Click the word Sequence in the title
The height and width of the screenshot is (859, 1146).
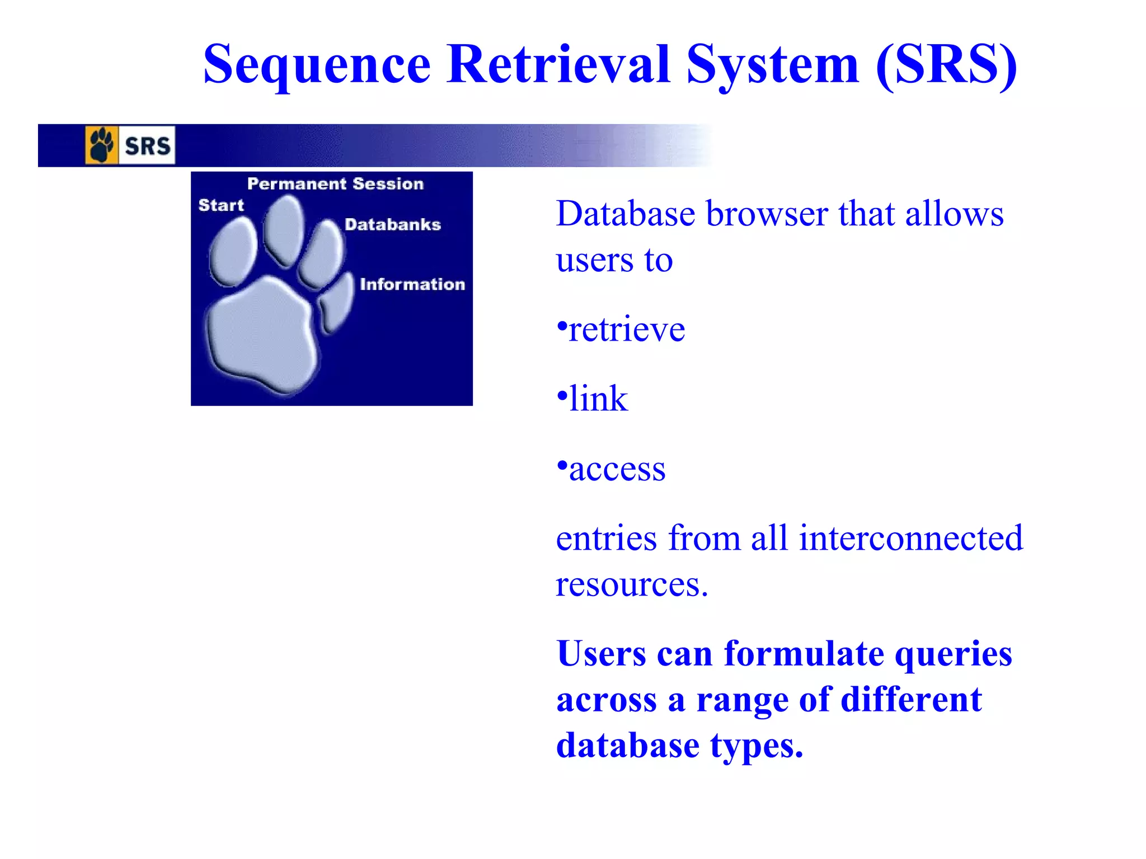(x=317, y=65)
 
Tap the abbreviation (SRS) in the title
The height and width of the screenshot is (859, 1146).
(x=946, y=65)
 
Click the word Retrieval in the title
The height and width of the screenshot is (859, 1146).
(x=558, y=65)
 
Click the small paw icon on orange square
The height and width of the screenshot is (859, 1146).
(x=101, y=145)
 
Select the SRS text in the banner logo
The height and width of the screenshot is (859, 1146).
(x=147, y=146)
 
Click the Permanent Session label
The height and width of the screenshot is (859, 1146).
(x=335, y=183)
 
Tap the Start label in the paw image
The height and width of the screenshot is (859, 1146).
(x=221, y=205)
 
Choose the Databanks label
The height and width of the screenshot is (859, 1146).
(x=392, y=224)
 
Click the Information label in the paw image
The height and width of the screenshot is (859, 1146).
(x=412, y=284)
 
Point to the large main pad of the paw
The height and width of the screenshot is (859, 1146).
(x=260, y=336)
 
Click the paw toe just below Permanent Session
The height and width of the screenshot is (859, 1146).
(x=284, y=229)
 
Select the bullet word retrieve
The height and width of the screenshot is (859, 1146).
(x=626, y=329)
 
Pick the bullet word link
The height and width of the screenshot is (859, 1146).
(x=598, y=399)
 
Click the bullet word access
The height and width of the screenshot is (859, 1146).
(x=617, y=469)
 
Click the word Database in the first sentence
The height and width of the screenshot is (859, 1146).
(x=626, y=214)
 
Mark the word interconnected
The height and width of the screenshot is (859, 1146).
(x=910, y=538)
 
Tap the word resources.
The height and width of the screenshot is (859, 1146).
(x=632, y=584)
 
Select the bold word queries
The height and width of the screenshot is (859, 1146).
(x=953, y=654)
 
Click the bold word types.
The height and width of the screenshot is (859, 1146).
(x=757, y=746)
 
